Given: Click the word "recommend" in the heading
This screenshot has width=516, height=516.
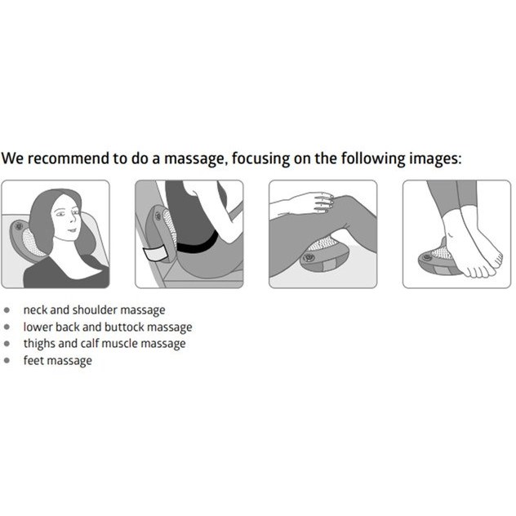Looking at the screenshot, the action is (69, 158).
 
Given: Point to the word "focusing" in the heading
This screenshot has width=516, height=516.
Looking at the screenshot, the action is (261, 159).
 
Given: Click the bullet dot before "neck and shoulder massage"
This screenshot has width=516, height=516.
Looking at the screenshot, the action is (7, 310).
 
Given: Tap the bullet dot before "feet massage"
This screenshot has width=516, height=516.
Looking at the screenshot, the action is (7, 360).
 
